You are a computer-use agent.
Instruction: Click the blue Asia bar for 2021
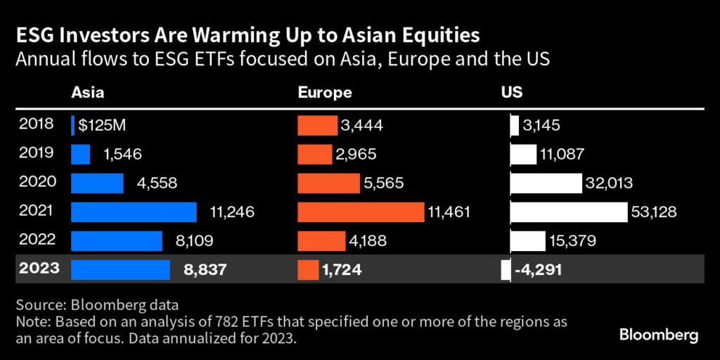point(134,212)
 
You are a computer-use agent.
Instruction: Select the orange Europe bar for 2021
point(361,212)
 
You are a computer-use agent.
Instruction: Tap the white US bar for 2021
point(568,212)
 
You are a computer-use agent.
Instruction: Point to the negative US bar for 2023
point(506,270)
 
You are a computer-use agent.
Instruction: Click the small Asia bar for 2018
point(73,125)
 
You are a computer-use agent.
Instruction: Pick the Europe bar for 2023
point(308,270)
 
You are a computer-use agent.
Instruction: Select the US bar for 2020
point(545,183)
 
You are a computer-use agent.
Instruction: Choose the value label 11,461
point(449,212)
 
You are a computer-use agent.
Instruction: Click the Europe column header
point(325,92)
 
